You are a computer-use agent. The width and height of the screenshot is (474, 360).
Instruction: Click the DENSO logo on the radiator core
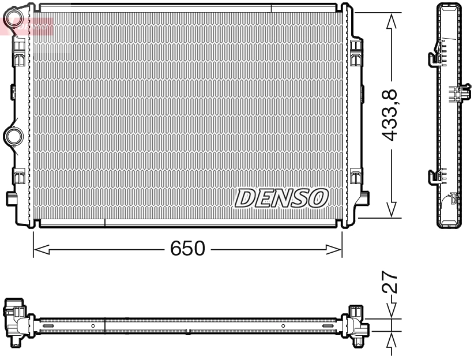[281, 198]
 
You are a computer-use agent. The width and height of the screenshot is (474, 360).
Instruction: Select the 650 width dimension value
[187, 249]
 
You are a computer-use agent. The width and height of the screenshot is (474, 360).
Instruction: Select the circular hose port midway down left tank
[12, 136]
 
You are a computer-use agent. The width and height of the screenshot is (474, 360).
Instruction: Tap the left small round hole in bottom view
[93, 326]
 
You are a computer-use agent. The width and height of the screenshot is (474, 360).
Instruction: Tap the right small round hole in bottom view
[283, 326]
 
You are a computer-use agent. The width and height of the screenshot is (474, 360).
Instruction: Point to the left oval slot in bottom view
[48, 326]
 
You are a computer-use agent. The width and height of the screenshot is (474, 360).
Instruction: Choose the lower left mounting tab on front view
[11, 198]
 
